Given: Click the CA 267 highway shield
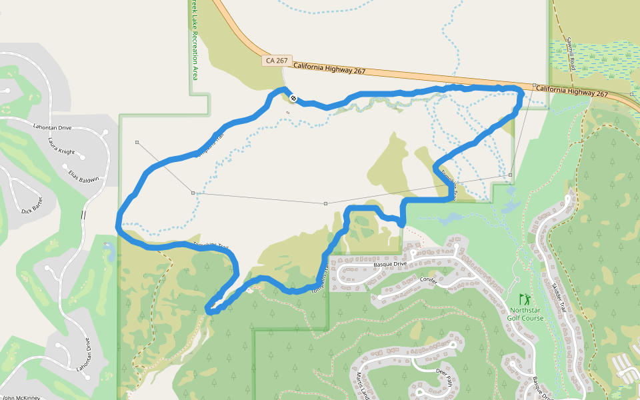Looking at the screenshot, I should [x=277, y=61].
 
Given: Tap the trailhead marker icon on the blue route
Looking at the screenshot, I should [x=293, y=99].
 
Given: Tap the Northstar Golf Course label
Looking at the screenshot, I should [x=526, y=314].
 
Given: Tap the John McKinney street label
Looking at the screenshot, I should [x=21, y=397].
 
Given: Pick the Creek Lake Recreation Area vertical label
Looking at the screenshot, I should [x=195, y=40].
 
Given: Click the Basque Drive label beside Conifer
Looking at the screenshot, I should [x=390, y=263].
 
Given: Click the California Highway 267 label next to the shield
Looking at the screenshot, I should [x=329, y=67].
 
